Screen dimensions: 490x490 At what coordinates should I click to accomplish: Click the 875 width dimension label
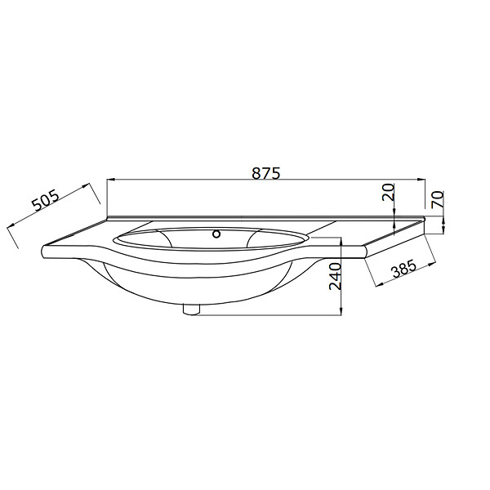coord(266,173)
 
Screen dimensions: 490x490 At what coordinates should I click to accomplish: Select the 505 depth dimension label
coord(46,201)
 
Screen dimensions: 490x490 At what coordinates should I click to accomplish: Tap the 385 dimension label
coord(404,268)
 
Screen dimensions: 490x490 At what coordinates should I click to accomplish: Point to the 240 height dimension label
coord(336,276)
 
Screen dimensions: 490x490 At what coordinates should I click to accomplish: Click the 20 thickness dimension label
coord(389,193)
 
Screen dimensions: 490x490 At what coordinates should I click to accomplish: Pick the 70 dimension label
coord(438,199)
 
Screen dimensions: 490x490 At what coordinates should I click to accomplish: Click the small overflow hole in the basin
coord(216,234)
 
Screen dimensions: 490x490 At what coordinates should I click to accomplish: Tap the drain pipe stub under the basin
coord(191,310)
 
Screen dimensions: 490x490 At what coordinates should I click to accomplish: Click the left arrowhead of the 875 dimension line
coord(112,180)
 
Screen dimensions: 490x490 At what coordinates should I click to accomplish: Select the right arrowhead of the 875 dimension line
coord(421,180)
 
